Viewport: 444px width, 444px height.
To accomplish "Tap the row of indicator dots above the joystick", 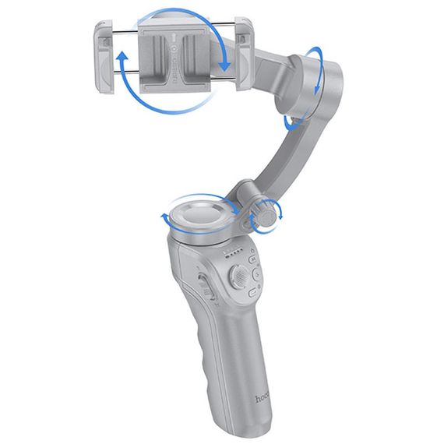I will tap(231, 251).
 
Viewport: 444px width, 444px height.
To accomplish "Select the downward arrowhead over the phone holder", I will tap(225, 65).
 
